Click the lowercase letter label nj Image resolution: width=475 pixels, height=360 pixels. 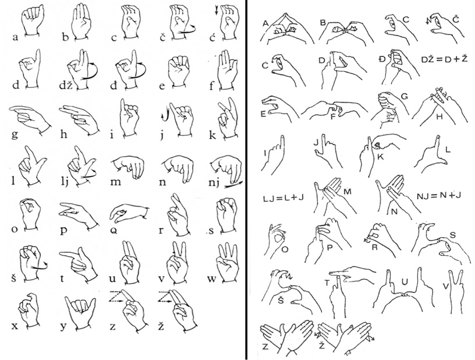[215, 183]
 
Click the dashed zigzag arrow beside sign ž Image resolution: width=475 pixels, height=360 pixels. [166, 297]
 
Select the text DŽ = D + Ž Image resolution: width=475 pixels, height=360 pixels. [445, 59]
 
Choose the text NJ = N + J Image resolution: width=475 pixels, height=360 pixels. [439, 195]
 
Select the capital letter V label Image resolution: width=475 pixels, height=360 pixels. [445, 286]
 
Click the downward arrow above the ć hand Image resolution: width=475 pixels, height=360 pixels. [217, 10]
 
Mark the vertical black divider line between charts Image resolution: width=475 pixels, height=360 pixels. [246, 180]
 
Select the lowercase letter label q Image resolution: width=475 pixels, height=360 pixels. [113, 230]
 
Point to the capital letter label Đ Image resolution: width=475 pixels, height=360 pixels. [382, 59]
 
